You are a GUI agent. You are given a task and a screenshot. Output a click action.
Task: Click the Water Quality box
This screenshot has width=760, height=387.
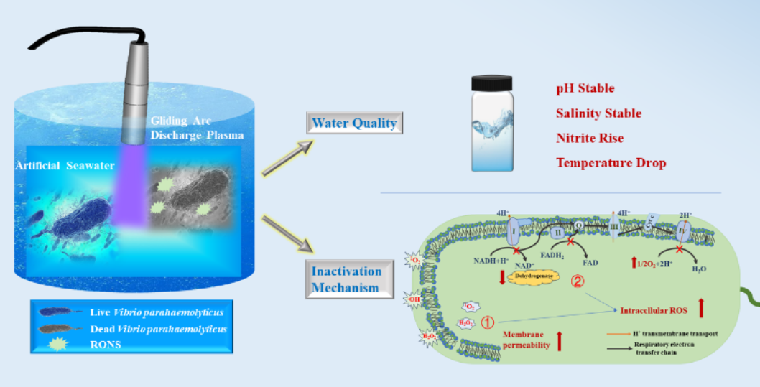(354, 123)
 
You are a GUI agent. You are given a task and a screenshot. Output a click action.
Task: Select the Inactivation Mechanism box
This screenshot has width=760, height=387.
(351, 280)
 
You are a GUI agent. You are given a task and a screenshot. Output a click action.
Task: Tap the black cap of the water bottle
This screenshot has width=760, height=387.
(492, 81)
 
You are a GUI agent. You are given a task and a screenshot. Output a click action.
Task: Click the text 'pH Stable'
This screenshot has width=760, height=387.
(585, 88)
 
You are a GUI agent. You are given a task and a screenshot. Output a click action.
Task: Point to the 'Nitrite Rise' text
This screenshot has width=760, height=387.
(590, 138)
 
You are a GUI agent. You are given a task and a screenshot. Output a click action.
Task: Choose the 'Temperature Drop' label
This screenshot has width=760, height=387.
(611, 163)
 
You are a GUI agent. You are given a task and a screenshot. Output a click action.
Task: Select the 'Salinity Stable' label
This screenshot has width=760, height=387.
(598, 113)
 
